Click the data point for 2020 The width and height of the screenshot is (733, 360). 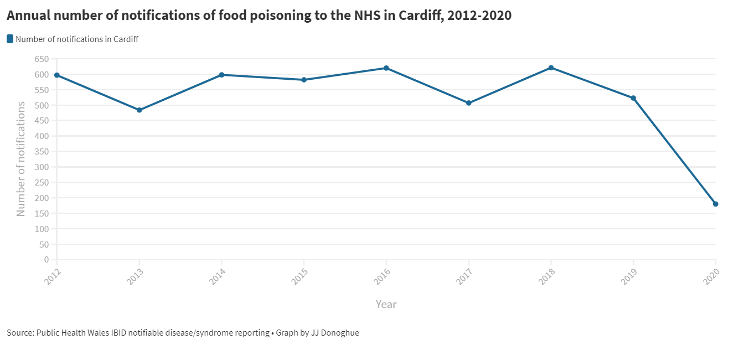(x=715, y=204)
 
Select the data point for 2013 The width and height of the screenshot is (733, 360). (x=139, y=110)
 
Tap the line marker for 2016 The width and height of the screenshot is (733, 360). (x=386, y=68)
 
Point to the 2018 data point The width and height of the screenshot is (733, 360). (x=551, y=68)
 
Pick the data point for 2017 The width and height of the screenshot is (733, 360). (x=468, y=103)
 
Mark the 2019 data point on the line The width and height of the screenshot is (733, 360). (x=633, y=98)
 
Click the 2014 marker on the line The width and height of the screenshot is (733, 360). (x=221, y=75)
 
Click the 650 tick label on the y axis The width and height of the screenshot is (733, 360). (x=42, y=59)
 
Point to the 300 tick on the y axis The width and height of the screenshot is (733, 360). (x=42, y=167)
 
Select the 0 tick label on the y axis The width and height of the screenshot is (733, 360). (x=47, y=260)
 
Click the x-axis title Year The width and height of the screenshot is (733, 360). (x=386, y=304)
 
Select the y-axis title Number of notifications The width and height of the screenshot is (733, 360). (x=21, y=159)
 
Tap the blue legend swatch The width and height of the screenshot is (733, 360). (x=10, y=39)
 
